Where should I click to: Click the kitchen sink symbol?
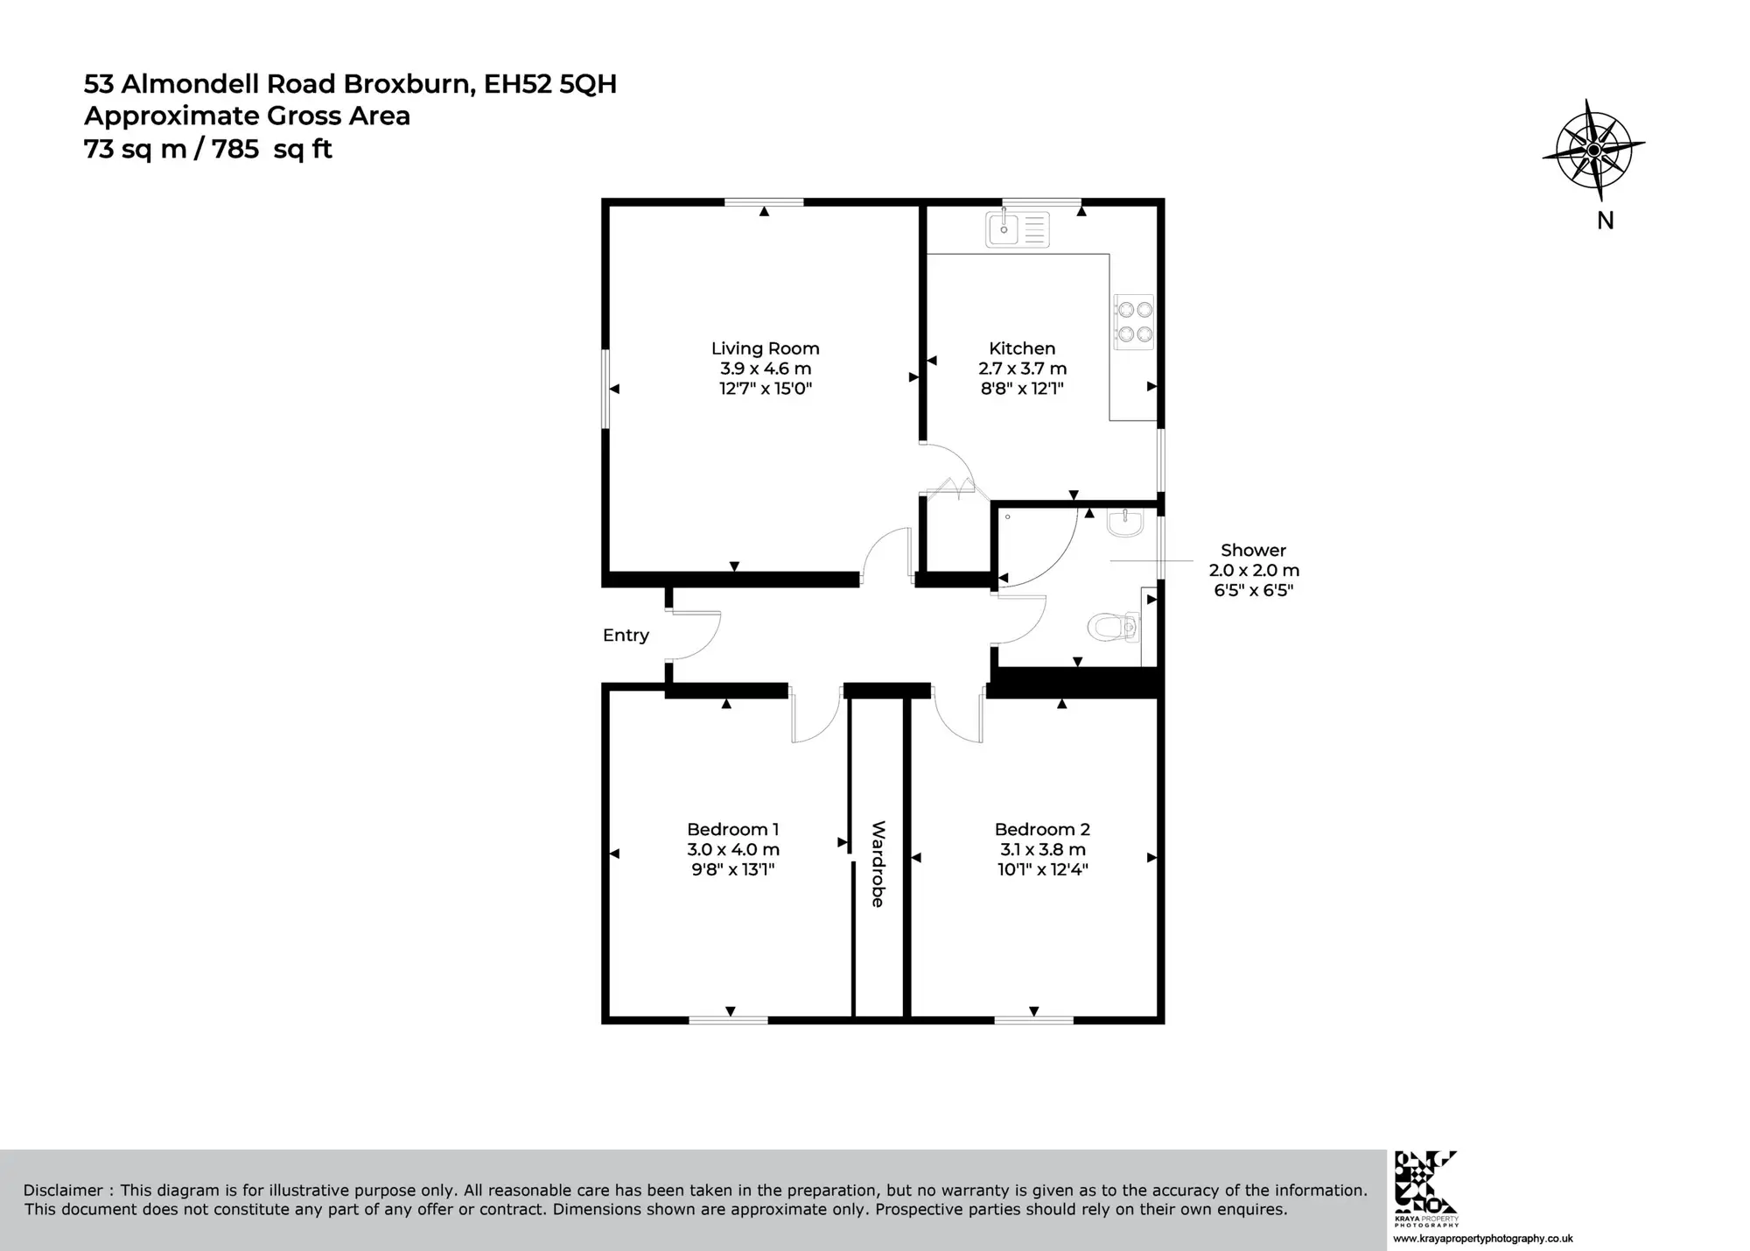[x=1017, y=228]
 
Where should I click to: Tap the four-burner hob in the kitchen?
[x=1134, y=321]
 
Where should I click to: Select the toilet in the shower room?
[x=1112, y=627]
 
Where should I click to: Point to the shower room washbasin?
[x=1124, y=524]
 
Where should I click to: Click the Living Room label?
[x=765, y=348]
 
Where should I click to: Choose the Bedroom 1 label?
[x=732, y=829]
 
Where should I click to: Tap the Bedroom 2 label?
[x=1042, y=829]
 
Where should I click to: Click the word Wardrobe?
[x=878, y=864]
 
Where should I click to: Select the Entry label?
[x=626, y=636]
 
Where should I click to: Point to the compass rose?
[x=1593, y=150]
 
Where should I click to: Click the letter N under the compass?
[x=1606, y=221]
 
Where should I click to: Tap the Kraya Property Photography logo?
[x=1426, y=1189]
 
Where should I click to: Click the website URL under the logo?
[x=1483, y=1239]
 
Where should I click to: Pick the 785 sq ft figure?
[x=272, y=150]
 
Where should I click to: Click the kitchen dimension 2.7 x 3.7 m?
[x=1022, y=369]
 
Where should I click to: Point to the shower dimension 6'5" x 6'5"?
[x=1253, y=590]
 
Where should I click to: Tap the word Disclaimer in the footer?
[x=63, y=1191]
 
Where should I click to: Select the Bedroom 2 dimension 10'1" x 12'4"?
[x=1042, y=869]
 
